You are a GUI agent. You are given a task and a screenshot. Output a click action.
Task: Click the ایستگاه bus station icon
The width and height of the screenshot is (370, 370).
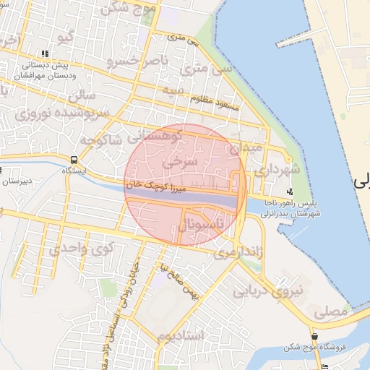(74, 160)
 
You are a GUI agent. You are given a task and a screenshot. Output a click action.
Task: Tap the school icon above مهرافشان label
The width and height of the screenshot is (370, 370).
(46, 53)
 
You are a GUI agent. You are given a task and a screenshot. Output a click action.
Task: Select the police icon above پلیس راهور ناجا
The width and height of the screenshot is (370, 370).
(290, 192)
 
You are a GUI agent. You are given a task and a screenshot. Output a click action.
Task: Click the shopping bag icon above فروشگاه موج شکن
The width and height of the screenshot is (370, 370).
(315, 337)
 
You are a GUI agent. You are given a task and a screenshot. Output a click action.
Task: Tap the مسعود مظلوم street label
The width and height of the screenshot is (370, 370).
(215, 100)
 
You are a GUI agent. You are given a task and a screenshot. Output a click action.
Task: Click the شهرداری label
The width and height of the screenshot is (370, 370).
(271, 171)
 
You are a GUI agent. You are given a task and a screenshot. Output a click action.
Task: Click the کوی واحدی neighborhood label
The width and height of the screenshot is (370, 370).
(82, 250)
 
